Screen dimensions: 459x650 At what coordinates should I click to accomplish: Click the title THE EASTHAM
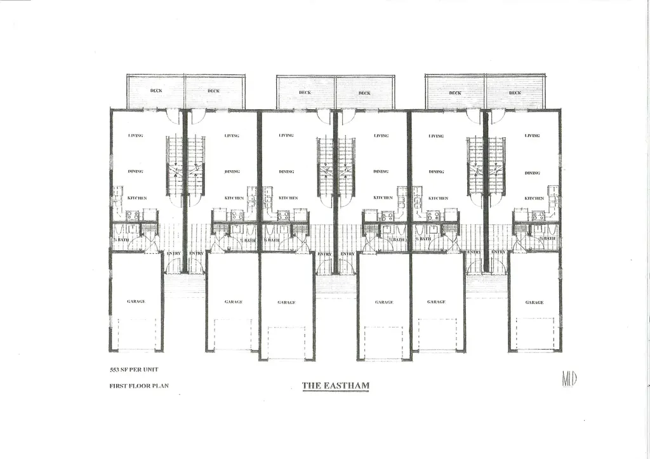tap(335, 385)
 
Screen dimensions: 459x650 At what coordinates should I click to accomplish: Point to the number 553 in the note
tap(115, 369)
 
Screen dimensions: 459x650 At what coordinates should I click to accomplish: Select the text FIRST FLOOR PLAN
tap(139, 385)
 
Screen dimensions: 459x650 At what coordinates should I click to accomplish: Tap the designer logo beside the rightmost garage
tap(569, 379)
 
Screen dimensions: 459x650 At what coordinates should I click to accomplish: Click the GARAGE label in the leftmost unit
tap(136, 302)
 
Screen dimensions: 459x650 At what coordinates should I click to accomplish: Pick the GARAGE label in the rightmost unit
tap(534, 303)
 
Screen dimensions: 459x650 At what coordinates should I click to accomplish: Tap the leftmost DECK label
tap(156, 91)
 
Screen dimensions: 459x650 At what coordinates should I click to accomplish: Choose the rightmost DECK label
tap(515, 93)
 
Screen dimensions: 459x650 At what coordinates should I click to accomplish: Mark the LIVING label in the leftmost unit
tap(135, 135)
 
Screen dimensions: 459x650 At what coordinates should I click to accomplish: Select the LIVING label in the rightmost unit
tap(532, 136)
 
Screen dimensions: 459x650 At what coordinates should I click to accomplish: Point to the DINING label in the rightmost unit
tap(533, 173)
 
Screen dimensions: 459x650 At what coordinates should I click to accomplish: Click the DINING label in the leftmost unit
tap(135, 171)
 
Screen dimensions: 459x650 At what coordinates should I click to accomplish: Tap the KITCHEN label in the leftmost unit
tap(137, 198)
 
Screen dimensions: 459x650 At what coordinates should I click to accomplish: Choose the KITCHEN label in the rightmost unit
tap(534, 198)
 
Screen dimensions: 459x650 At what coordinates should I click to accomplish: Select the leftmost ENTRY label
tap(173, 253)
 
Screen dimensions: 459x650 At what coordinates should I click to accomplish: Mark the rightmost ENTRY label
tap(498, 252)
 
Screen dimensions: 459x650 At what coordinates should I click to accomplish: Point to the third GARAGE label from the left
tap(286, 303)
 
